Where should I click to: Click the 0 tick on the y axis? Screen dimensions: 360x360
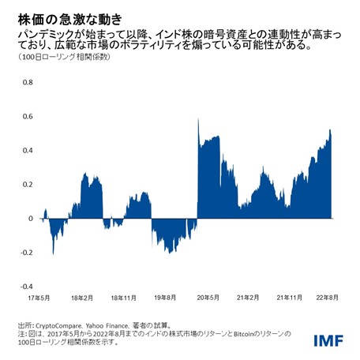tap(30, 219)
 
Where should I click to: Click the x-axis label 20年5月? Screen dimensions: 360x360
tap(207, 298)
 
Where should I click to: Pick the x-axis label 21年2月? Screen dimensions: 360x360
tap(249, 298)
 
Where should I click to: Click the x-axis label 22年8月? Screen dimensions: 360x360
tap(329, 298)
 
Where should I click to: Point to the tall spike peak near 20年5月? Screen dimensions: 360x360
tap(197, 119)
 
